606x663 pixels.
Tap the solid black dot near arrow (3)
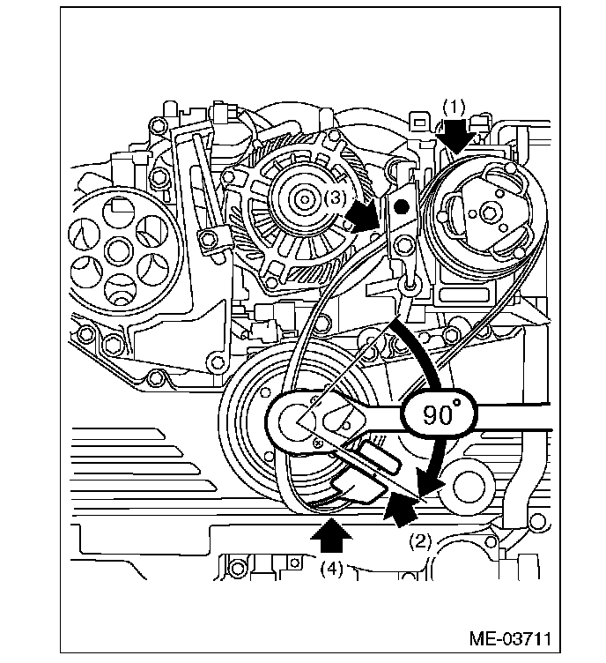(x=402, y=208)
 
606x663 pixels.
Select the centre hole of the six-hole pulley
(x=119, y=250)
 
